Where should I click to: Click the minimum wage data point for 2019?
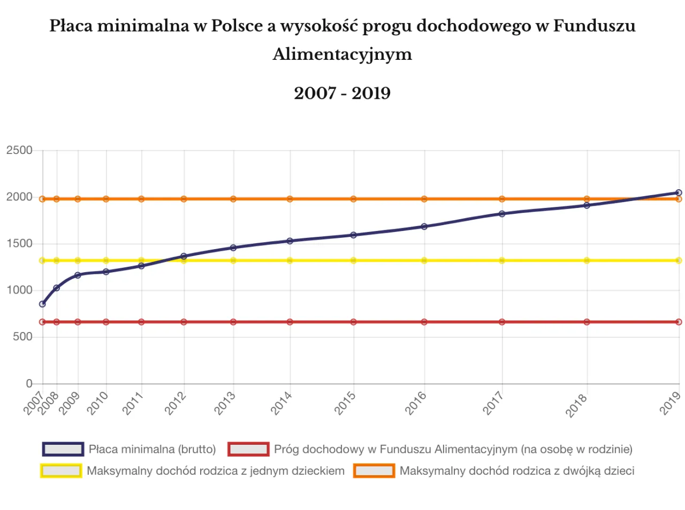coord(679,192)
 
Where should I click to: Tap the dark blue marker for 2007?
coord(43,304)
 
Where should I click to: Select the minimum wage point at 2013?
coord(233,248)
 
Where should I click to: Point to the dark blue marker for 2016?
coord(424,227)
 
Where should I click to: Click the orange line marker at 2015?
coord(353,199)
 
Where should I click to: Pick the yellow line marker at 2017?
coord(502,260)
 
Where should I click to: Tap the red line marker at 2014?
coord(290,322)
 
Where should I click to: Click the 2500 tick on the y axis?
coord(19,150)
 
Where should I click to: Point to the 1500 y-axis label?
coord(19,244)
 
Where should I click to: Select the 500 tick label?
coord(22,337)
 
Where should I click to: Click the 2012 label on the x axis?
coord(175,403)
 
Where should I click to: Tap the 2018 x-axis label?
coord(576,405)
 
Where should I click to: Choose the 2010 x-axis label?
coord(97,403)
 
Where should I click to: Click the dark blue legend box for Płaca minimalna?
coord(63,449)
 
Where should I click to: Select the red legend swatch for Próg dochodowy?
coord(248,449)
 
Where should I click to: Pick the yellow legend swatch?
coord(61,471)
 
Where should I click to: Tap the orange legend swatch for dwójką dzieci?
coord(374,471)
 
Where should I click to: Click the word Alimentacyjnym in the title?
coord(342,54)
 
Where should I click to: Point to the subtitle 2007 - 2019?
coord(342,93)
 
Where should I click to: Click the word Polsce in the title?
coord(237,26)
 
